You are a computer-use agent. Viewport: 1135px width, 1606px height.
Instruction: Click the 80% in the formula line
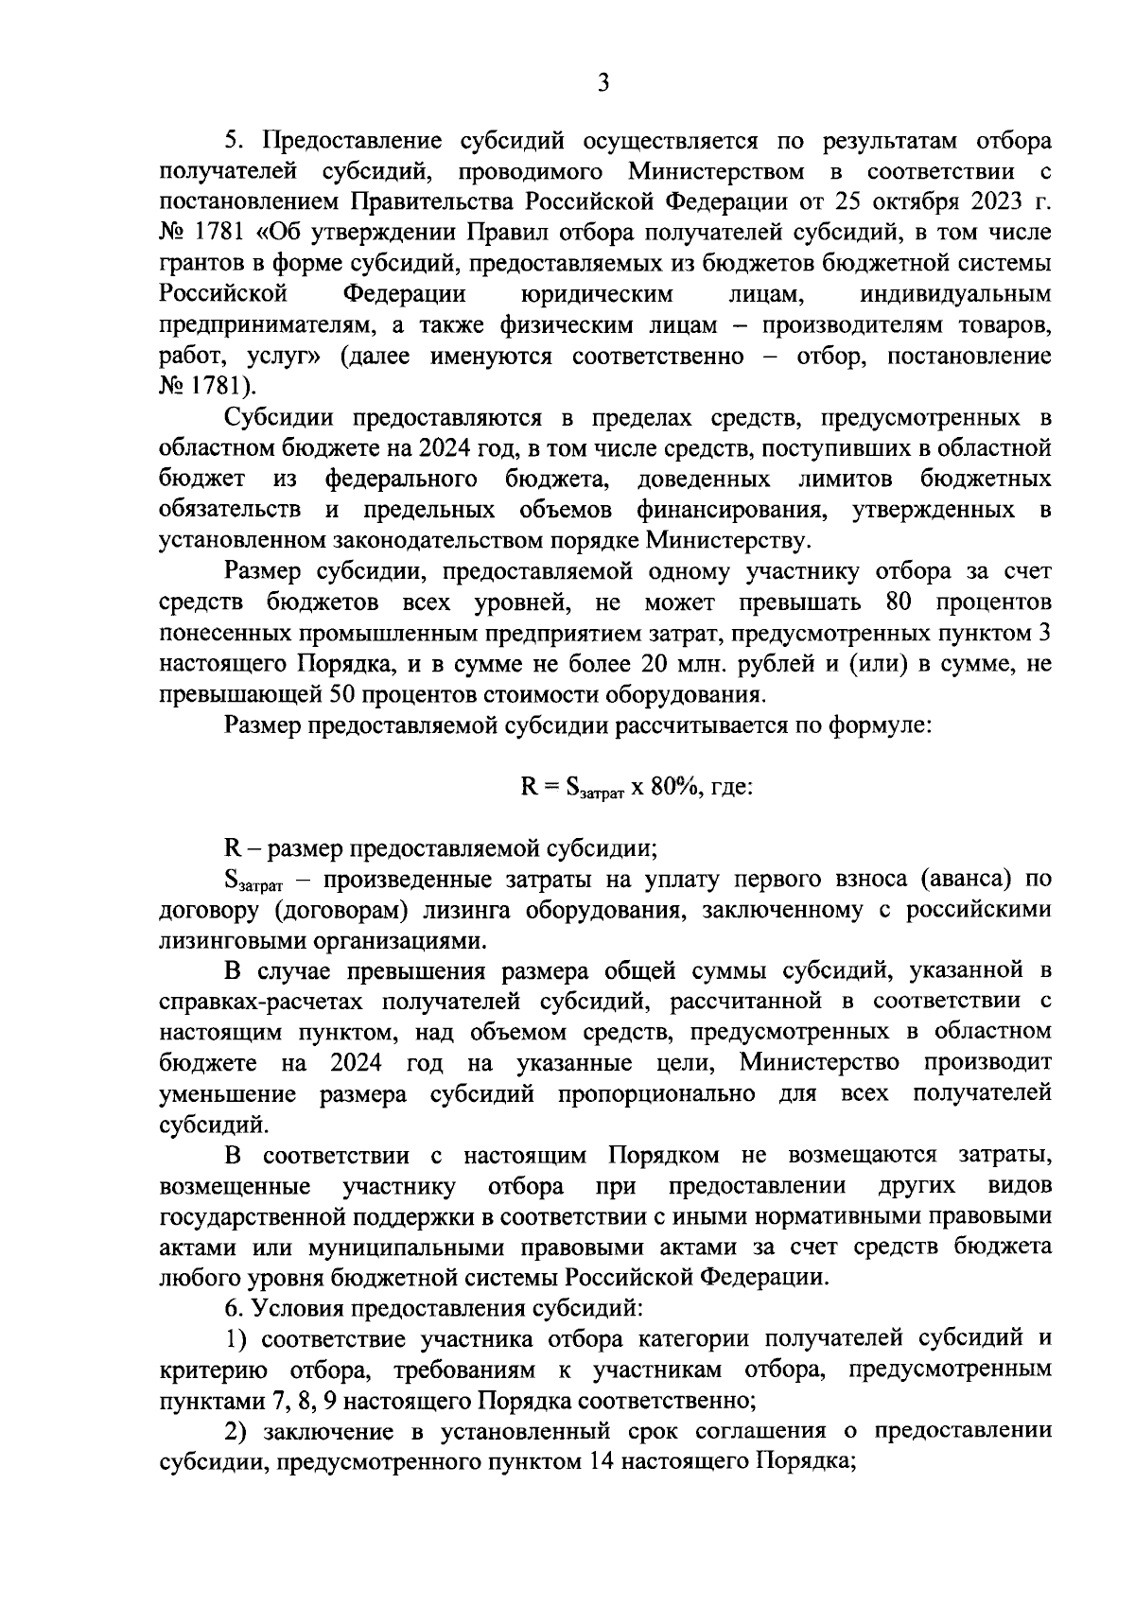coord(675,786)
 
